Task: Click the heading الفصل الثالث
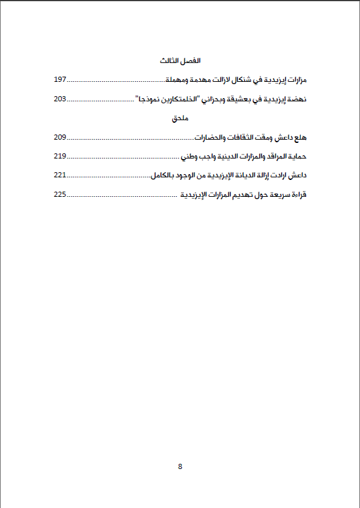pyautogui.click(x=179, y=61)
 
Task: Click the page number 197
pyautogui.click(x=60, y=80)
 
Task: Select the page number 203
pyautogui.click(x=60, y=99)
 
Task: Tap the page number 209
pyautogui.click(x=60, y=138)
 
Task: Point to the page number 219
pyautogui.click(x=60, y=157)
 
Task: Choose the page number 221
pyautogui.click(x=60, y=175)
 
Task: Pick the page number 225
pyautogui.click(x=60, y=194)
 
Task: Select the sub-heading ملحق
pyautogui.click(x=180, y=118)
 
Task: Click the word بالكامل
pyautogui.click(x=165, y=175)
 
